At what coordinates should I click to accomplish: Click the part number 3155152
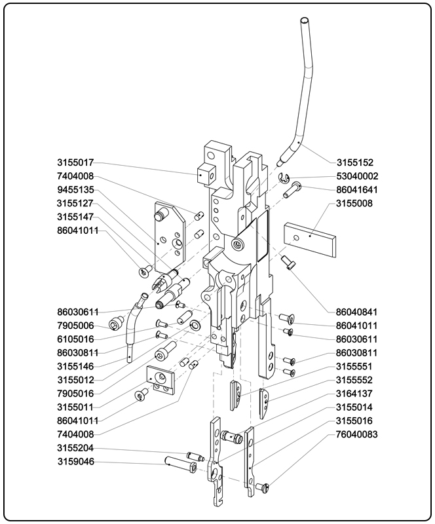coord(357,162)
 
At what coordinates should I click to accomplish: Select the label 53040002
coord(357,176)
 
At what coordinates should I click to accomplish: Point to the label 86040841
coord(357,312)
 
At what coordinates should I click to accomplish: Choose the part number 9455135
coord(75,190)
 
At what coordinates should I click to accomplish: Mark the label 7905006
coord(75,326)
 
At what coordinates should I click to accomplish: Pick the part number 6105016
coord(75,339)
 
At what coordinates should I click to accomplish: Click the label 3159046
coord(75,462)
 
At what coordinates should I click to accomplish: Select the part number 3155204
coord(75,449)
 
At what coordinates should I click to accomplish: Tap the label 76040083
coord(357,434)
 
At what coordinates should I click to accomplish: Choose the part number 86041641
coord(357,190)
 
